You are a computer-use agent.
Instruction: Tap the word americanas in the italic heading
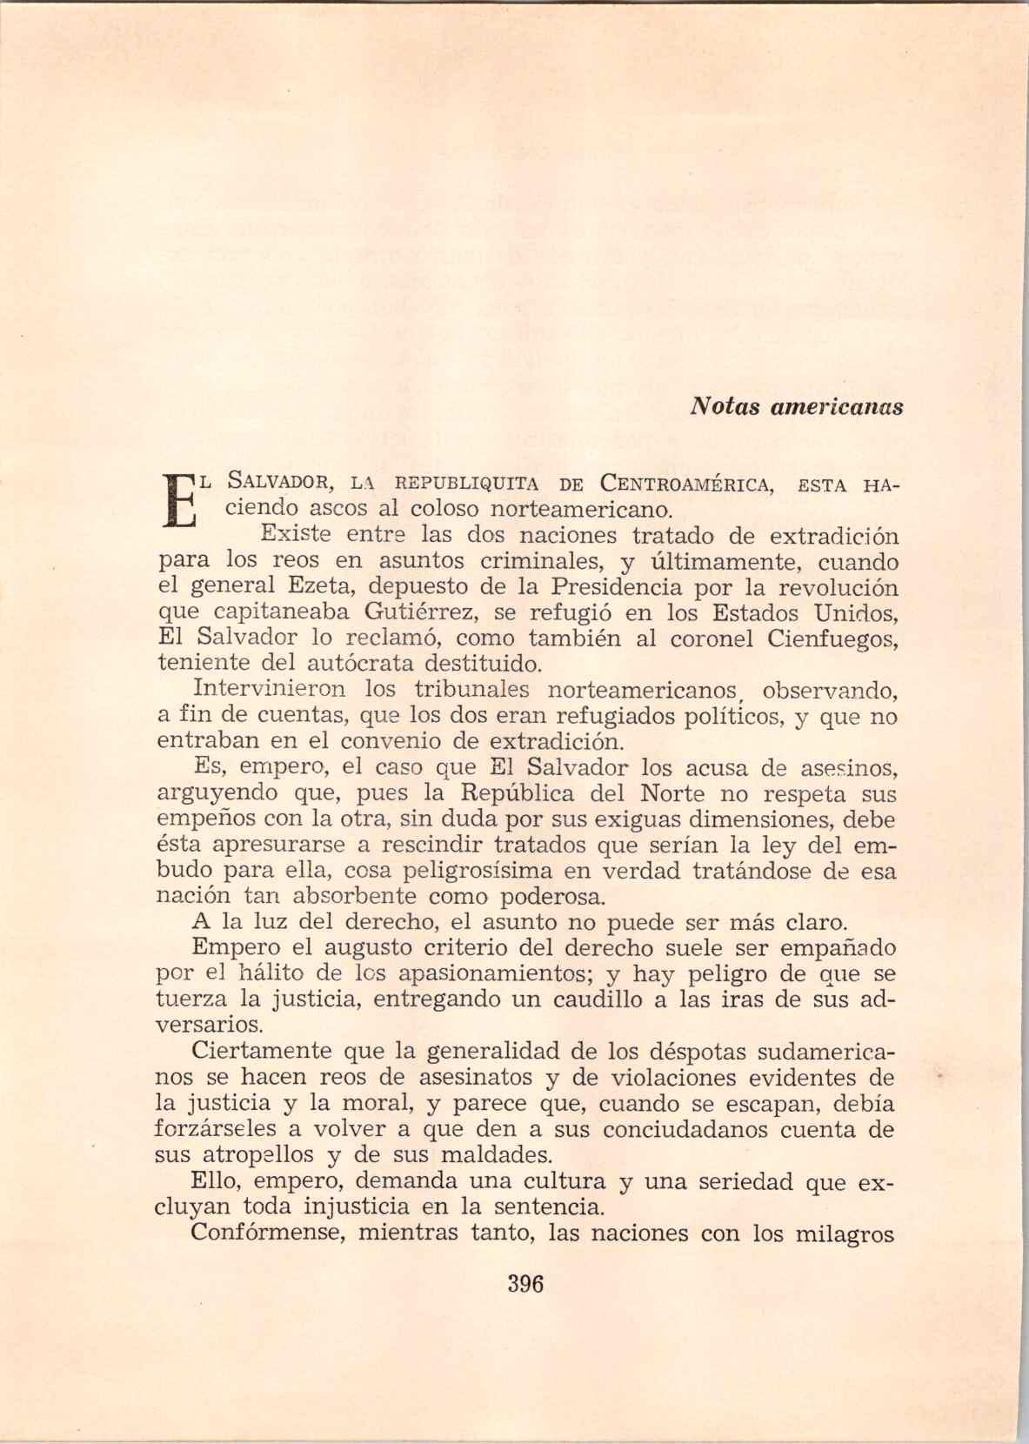[x=834, y=406]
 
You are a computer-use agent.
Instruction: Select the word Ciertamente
[x=262, y=1051]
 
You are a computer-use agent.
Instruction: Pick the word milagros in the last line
[x=845, y=1233]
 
